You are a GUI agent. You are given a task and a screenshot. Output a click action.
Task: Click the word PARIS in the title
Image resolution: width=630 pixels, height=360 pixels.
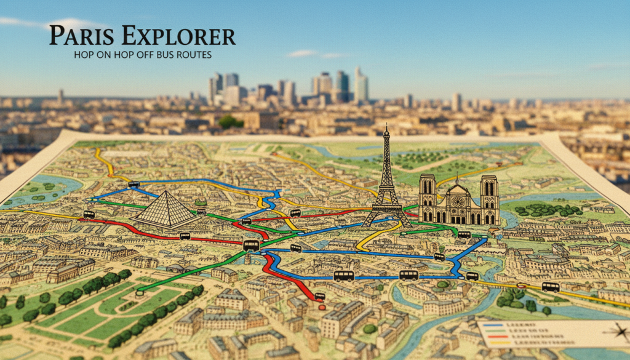79,36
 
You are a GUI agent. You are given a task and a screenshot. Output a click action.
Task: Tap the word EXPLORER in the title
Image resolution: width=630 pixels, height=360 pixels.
178,36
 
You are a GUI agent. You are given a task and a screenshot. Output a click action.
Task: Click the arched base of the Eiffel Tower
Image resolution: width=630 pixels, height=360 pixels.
386,219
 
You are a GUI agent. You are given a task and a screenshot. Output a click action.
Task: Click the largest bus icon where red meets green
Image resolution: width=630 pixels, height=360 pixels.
251,246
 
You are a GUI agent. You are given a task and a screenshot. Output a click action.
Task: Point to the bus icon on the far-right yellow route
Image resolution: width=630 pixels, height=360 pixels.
551,287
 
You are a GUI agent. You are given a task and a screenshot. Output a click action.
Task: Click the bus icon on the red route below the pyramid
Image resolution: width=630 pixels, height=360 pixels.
185,236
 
